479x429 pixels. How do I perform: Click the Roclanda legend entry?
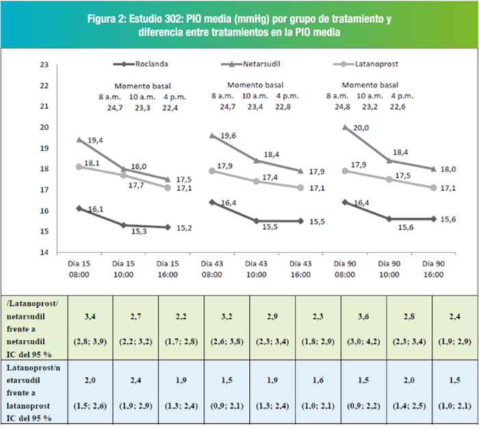coord(140,64)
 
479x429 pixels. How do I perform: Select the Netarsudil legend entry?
coord(250,64)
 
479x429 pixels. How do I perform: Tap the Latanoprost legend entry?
coord(365,64)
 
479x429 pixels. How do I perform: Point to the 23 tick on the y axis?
coord(44,64)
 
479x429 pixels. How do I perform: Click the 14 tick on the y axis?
coord(44,252)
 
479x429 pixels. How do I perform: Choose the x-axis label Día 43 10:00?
coord(257,269)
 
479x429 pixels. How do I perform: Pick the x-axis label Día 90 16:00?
coord(433,269)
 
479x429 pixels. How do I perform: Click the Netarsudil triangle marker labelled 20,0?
coord(345,127)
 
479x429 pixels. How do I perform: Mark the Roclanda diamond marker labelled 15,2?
coord(168,227)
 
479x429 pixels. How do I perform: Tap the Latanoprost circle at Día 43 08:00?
coord(212,171)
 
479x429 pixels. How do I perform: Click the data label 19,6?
coord(228,135)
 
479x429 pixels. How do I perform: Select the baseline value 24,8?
coord(342,107)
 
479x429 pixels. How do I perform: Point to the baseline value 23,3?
coord(142,108)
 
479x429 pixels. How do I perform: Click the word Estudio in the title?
coord(145,19)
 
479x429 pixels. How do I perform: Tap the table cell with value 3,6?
coord(363,317)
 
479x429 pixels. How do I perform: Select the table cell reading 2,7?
coord(135,317)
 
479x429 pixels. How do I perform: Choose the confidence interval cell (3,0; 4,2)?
coord(363,341)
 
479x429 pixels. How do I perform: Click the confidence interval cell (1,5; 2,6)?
coord(90,406)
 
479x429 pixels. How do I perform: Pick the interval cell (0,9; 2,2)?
coord(363,406)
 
